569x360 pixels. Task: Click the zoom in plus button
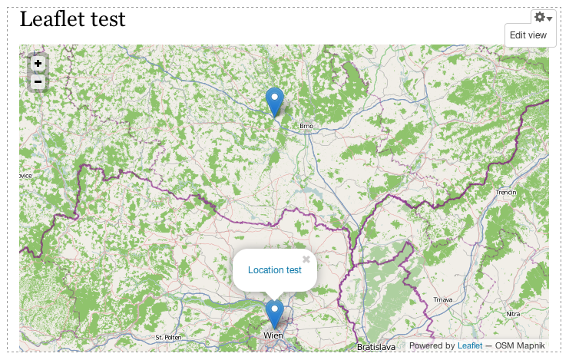tap(38, 64)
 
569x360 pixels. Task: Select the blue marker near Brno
tap(274, 101)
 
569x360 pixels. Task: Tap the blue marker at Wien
tap(274, 313)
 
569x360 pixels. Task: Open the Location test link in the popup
tap(275, 270)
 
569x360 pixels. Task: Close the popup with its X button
tap(306, 259)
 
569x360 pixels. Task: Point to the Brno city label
tap(307, 127)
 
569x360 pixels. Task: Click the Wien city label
tap(273, 335)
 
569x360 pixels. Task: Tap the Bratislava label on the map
tap(375, 347)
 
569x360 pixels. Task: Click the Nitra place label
tap(513, 314)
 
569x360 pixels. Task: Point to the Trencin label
tap(507, 192)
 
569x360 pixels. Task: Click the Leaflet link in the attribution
tap(470, 346)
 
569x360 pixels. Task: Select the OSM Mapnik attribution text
tap(521, 346)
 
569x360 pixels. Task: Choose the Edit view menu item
tap(528, 35)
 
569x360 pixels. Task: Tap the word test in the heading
tap(108, 19)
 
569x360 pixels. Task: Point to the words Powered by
tap(432, 346)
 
